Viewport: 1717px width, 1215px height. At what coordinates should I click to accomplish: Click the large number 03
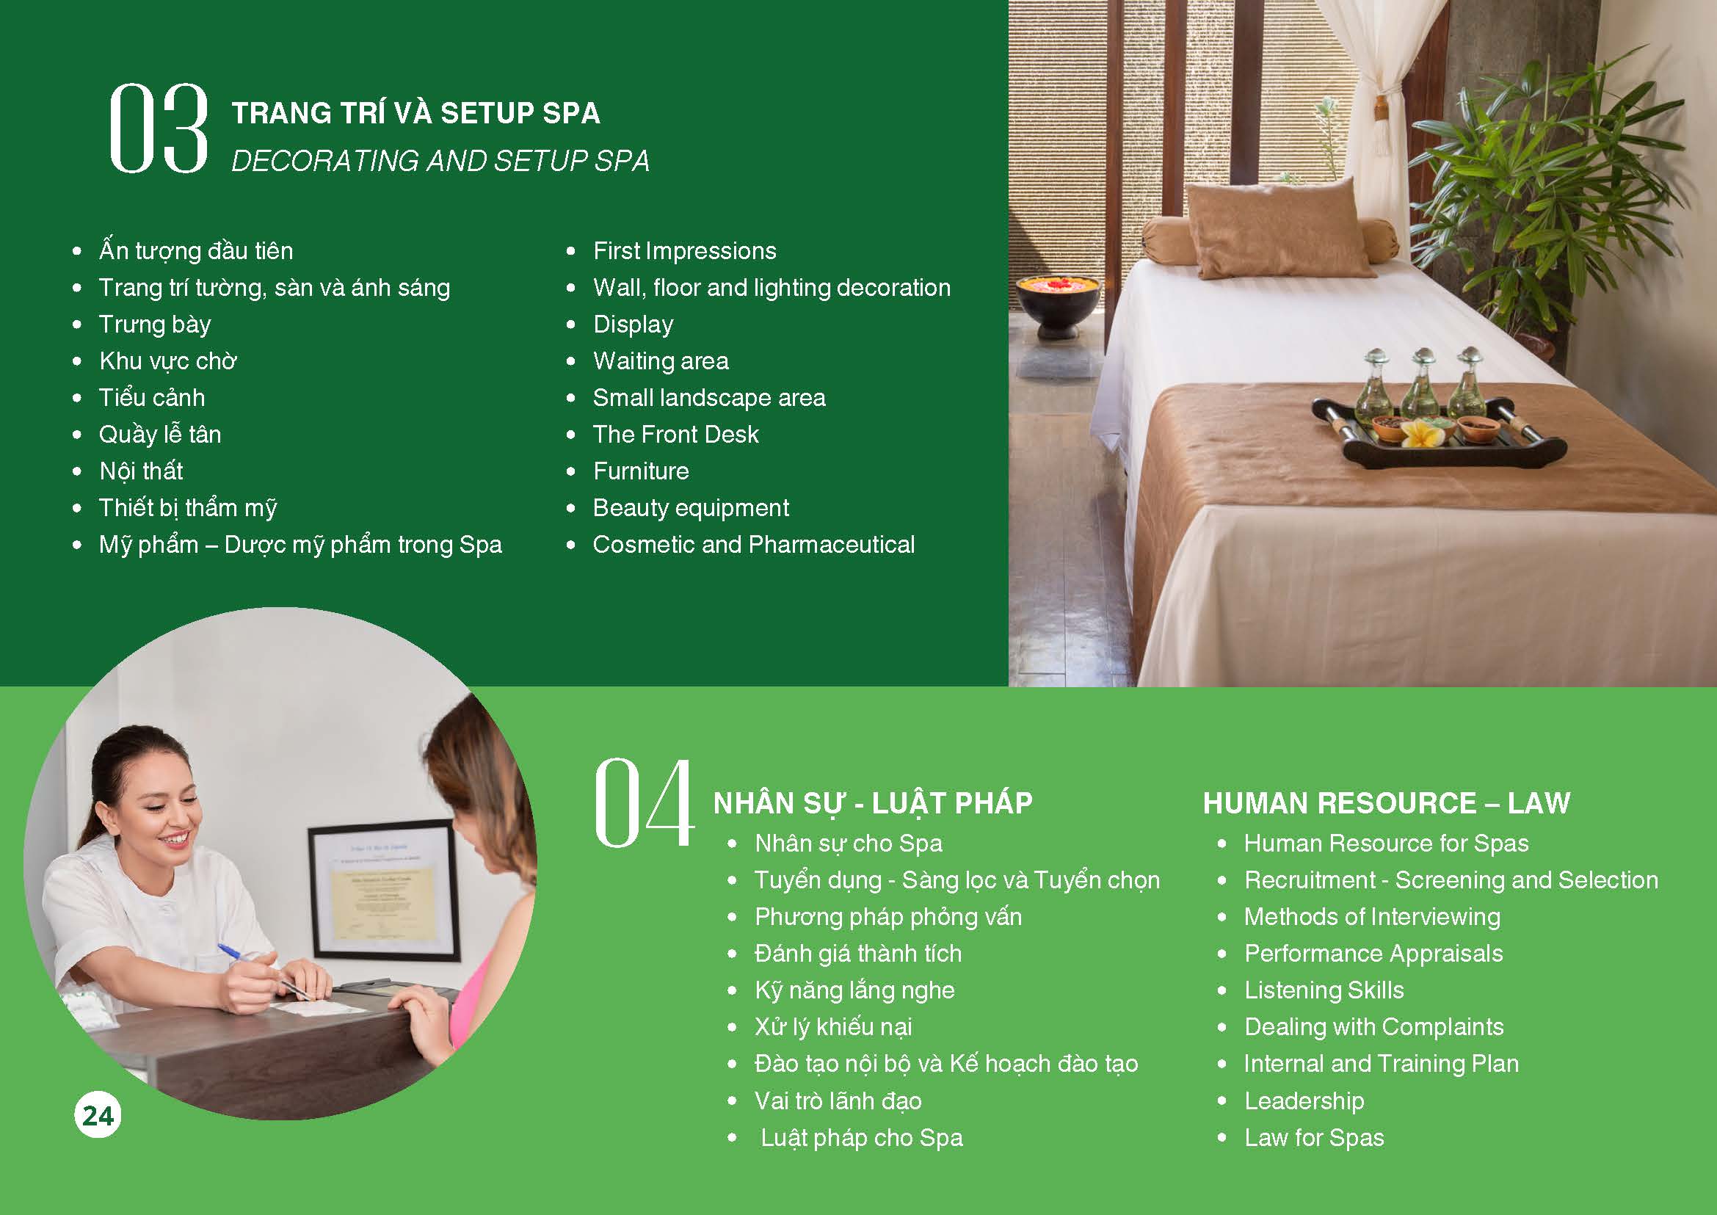158,128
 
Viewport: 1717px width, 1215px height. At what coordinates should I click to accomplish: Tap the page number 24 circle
98,1115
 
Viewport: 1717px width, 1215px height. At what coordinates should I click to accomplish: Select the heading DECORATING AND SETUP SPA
440,161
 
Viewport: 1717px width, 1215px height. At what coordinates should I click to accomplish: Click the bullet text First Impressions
684,250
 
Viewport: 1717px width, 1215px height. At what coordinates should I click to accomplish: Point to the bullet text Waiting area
660,361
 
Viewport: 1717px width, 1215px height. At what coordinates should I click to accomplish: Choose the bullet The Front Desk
675,435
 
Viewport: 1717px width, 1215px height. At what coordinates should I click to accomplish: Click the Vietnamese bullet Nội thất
141,471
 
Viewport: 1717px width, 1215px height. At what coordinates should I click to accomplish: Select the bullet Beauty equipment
690,508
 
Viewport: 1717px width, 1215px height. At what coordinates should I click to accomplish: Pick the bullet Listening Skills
1324,990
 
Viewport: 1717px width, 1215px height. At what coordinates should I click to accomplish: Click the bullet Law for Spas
1314,1138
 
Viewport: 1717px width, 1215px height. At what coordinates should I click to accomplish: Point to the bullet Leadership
1303,1101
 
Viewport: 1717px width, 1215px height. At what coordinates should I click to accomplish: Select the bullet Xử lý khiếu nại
832,1027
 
